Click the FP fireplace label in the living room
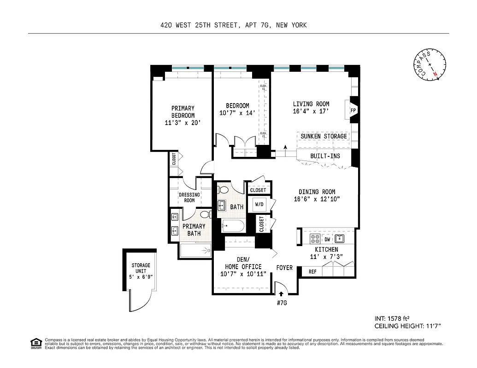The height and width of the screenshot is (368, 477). [x=353, y=111]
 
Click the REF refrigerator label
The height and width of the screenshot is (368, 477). [x=312, y=272]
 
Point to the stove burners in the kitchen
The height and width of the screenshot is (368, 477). [x=315, y=239]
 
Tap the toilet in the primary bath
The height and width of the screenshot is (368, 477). [x=206, y=214]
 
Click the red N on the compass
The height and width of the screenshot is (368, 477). [x=435, y=73]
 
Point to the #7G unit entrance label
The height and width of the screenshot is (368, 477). [x=282, y=303]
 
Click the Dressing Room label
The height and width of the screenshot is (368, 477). [x=189, y=197]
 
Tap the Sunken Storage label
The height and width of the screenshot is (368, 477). [x=324, y=137]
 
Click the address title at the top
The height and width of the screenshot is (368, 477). [x=238, y=25]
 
